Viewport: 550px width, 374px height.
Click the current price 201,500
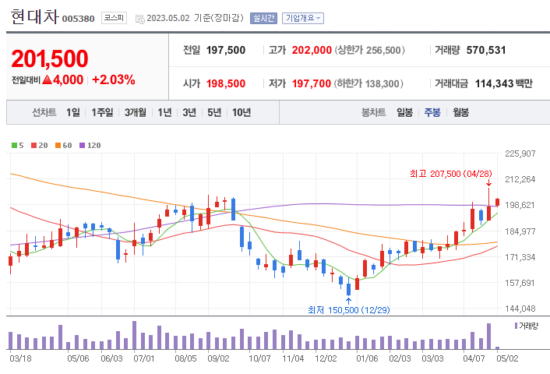50,58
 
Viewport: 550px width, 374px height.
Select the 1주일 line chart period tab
102,112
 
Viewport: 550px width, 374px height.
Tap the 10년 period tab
241,112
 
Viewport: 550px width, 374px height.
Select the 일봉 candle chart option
404,112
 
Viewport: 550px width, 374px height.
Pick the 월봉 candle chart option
460,112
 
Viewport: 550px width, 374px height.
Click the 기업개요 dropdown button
303,18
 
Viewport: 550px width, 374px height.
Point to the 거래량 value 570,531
486,50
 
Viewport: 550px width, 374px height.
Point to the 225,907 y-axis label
520,153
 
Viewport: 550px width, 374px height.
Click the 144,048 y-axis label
520,309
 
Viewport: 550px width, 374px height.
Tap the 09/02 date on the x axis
218,358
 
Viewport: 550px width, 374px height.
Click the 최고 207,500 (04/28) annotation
451,173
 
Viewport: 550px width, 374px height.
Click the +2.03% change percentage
113,79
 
